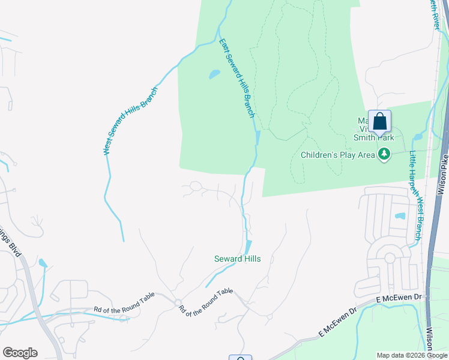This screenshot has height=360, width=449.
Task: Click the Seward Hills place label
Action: pos(237,259)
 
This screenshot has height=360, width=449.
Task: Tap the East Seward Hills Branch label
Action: pos(237,78)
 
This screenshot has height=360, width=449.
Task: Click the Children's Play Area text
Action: pos(337,155)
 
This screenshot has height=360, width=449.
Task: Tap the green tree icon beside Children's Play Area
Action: pos(384,155)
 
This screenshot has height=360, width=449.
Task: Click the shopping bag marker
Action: pos(379,123)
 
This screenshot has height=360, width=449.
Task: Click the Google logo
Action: pos(20,353)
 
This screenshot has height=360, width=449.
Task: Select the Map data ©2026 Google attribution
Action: pos(412,355)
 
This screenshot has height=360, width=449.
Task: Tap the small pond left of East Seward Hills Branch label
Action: pos(214,75)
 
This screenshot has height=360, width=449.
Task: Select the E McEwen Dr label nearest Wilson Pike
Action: pos(400,298)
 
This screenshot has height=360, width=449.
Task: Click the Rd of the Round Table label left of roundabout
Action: pos(124,302)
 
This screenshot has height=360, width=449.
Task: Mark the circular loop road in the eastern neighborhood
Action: pos(390,259)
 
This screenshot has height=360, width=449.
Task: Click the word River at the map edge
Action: pos(435,13)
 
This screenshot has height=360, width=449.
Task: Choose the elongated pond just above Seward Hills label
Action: pos(248,247)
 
